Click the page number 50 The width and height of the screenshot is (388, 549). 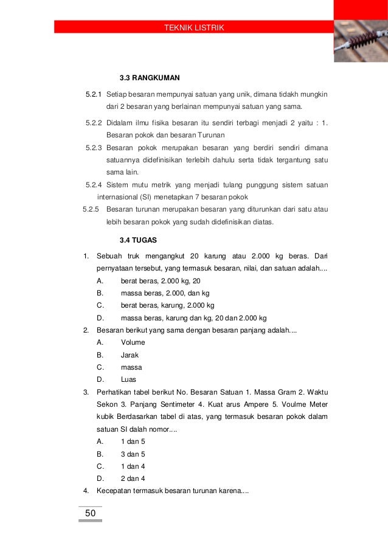(90, 514)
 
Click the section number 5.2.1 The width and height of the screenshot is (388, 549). (94, 95)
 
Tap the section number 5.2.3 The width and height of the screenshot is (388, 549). (94, 148)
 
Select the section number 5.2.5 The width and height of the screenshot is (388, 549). (91, 210)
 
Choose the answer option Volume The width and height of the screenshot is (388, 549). (133, 343)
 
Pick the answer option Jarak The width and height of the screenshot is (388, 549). (130, 355)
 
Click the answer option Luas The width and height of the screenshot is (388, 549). (129, 380)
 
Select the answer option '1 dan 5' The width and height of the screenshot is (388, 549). (133, 442)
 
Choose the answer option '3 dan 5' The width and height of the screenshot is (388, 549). (133, 454)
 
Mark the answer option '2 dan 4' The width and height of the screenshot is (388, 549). (133, 479)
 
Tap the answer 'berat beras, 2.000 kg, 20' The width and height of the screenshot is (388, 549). (161, 281)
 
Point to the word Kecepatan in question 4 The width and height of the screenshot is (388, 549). (115, 491)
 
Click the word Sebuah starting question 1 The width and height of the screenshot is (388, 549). (109, 256)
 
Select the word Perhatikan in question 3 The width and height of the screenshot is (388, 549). (115, 392)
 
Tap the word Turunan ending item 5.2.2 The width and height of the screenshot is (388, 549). (209, 135)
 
